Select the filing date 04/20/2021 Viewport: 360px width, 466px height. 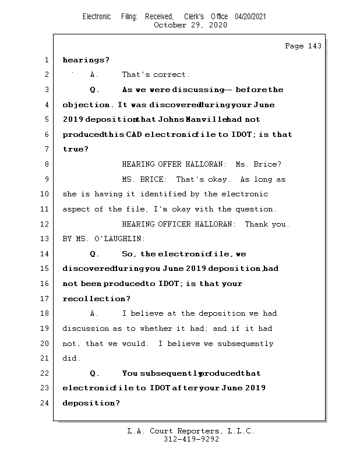click(x=250, y=17)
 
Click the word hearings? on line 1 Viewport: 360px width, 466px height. click(x=86, y=60)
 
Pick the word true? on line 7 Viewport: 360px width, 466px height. click(x=76, y=149)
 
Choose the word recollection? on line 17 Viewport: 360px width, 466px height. click(x=96, y=299)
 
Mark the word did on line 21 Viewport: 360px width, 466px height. click(x=70, y=358)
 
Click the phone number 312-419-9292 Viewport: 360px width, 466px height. click(x=192, y=439)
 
